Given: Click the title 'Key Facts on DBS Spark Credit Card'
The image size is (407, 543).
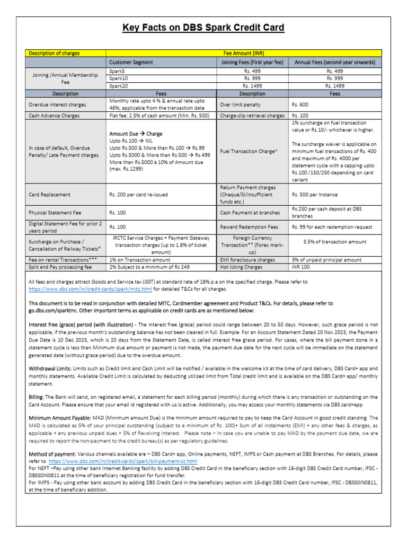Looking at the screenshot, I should (203, 28).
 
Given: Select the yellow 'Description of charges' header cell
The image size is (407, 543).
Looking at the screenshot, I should (55, 53).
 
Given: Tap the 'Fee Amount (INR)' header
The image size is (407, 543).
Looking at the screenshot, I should (243, 53).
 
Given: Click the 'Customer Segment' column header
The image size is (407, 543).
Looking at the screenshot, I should (131, 62).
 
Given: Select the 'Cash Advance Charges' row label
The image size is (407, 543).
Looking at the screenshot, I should (54, 115).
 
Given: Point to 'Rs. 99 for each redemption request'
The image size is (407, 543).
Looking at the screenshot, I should (333, 226).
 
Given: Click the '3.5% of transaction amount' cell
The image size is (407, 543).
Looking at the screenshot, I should (334, 241).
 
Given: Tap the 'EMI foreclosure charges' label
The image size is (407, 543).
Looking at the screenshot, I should (247, 260).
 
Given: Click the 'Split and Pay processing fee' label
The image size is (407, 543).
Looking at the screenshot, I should (60, 267).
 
